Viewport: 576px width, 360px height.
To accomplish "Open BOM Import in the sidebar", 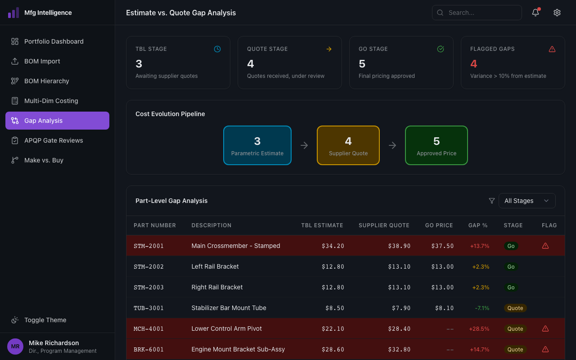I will (x=42, y=61).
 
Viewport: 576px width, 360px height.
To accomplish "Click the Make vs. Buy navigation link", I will (x=44, y=160).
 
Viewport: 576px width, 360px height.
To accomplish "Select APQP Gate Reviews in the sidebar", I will (x=54, y=140).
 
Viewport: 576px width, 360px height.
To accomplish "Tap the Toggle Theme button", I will (x=45, y=320).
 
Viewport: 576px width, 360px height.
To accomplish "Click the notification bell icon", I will (x=535, y=13).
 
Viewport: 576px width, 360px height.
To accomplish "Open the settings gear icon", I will (x=557, y=13).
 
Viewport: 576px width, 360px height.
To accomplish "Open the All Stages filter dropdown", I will (x=526, y=201).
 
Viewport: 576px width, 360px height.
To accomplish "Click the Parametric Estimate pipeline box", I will (x=257, y=145).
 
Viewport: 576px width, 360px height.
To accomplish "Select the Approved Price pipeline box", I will (x=436, y=145).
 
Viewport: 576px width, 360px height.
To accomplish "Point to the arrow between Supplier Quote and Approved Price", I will (x=392, y=145).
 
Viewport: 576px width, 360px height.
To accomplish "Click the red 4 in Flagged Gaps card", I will (x=473, y=64).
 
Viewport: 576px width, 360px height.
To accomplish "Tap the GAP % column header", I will (x=478, y=225).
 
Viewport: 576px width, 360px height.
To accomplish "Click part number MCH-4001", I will (x=148, y=329).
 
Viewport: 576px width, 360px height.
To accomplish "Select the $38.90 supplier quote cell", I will (x=399, y=246).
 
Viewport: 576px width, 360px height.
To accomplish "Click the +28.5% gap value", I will (x=479, y=329).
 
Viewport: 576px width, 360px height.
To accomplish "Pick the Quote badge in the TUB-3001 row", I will (x=515, y=308).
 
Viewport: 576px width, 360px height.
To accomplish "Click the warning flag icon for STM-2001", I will (x=545, y=246).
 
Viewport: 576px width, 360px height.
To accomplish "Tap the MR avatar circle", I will (x=15, y=346).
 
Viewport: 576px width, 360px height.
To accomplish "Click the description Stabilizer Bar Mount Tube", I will (x=229, y=308).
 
